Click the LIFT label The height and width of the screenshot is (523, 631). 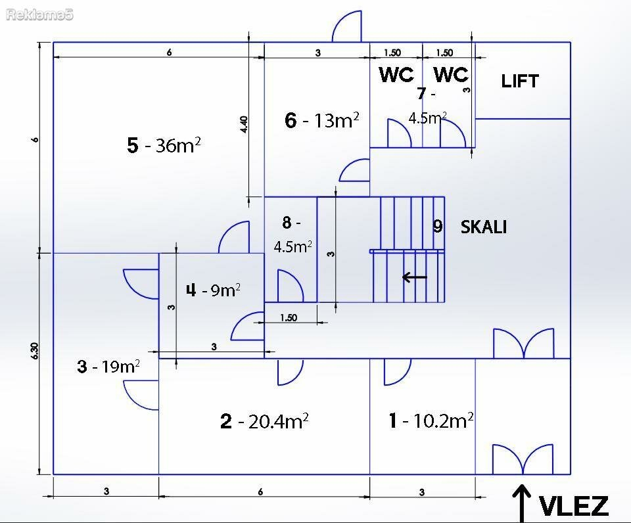[x=519, y=81]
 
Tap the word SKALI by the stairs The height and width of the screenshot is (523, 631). [x=483, y=227]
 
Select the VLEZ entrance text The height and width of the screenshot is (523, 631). [x=573, y=506]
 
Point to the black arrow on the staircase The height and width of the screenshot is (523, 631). [x=415, y=277]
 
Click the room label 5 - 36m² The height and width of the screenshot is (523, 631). [x=164, y=145]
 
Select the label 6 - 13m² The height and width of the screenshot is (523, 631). [x=322, y=120]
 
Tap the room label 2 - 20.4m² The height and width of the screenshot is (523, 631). [x=264, y=421]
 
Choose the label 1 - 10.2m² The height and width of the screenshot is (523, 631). [x=431, y=421]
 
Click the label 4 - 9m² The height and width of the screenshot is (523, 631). [x=213, y=290]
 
